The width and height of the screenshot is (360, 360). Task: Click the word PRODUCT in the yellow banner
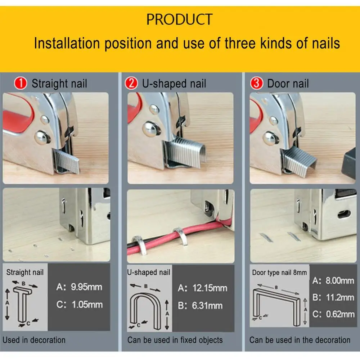click(179, 19)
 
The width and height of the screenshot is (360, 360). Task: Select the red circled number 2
click(132, 84)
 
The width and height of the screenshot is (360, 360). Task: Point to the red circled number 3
click(256, 84)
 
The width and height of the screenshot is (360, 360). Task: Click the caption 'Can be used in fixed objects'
click(175, 340)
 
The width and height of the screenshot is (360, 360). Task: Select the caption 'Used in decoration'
click(34, 340)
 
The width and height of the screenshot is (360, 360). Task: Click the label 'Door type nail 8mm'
click(279, 273)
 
